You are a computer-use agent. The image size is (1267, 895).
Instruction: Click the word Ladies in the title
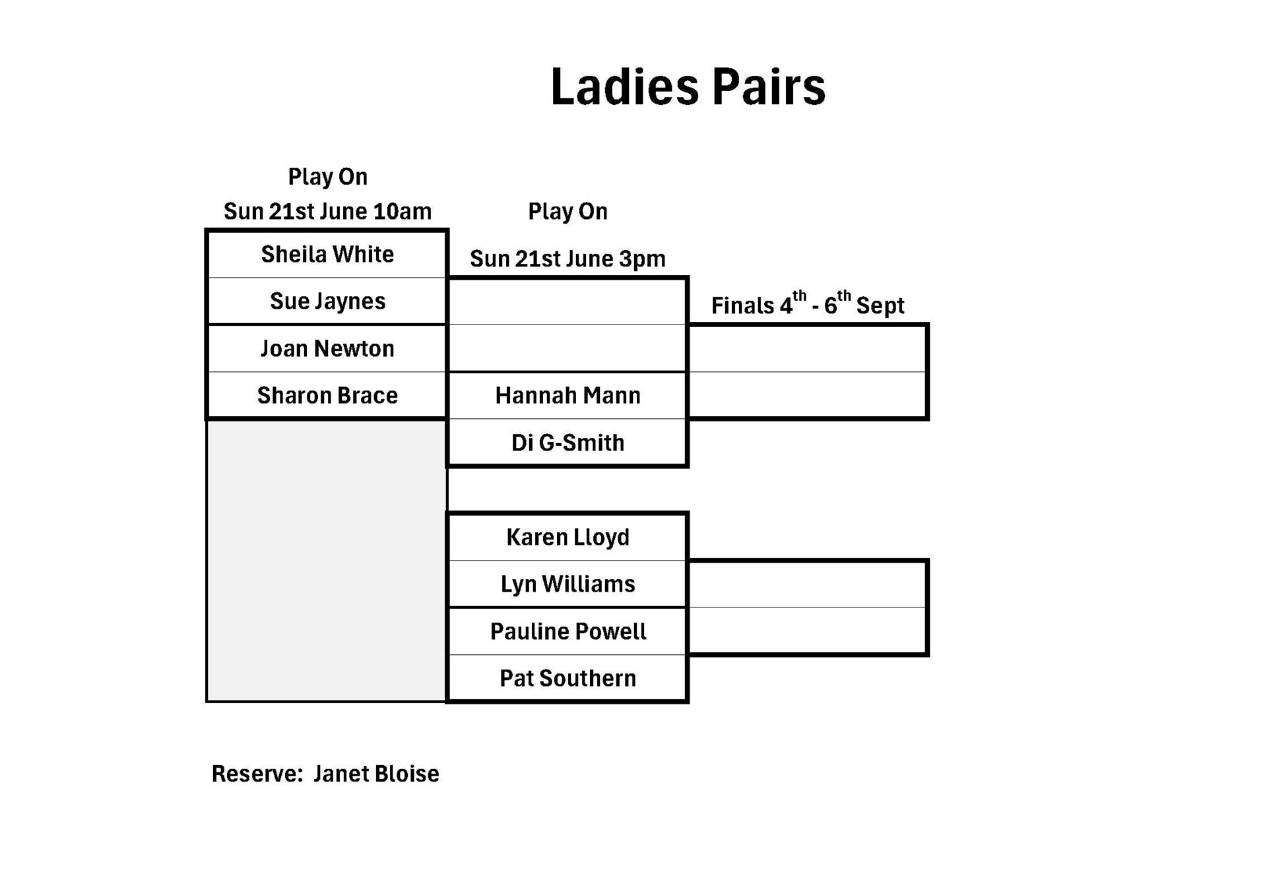624,86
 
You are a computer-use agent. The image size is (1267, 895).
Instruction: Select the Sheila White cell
327,254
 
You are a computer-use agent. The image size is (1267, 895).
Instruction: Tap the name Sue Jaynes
327,301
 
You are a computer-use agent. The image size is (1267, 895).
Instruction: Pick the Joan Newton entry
327,348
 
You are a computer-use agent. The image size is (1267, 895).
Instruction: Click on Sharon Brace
327,395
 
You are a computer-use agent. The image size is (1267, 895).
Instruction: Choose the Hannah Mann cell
568,395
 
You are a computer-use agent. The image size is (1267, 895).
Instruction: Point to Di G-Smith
568,443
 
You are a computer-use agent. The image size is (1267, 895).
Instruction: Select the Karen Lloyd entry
568,537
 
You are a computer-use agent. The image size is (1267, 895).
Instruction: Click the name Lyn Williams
568,584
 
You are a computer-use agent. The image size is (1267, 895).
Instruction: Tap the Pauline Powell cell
568,631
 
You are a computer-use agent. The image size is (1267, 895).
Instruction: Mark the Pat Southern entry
568,678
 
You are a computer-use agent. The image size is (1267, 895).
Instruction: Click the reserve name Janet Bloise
376,774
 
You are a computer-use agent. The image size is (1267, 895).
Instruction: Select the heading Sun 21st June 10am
327,212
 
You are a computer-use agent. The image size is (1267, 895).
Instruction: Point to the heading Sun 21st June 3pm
568,259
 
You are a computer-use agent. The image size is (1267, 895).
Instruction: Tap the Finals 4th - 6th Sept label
807,305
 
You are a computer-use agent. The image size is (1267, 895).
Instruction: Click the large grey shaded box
326,561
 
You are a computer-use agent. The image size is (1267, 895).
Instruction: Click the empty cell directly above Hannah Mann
568,348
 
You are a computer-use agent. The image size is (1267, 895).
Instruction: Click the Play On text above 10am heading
327,177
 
